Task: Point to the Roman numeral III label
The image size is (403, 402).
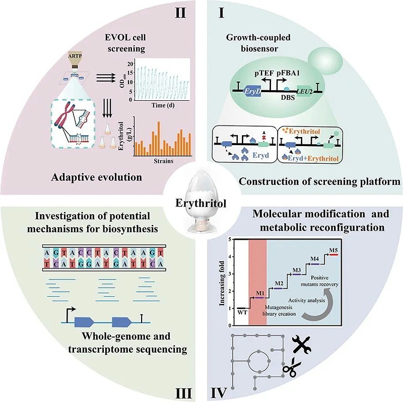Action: [x=180, y=389]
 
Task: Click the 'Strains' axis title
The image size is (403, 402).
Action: [x=162, y=162]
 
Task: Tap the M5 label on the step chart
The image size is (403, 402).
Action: [x=333, y=250]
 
